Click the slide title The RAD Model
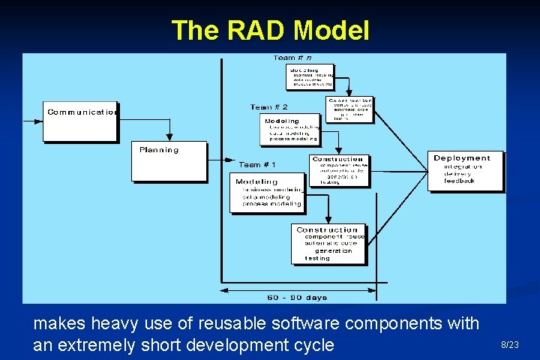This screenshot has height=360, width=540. point(270,31)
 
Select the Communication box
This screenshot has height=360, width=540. point(80,120)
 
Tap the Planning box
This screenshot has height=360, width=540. point(169,160)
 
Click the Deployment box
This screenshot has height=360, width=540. point(465,171)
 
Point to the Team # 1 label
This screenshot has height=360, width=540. point(257,165)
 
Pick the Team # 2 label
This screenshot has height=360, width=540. point(268,107)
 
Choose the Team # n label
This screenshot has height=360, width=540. point(292,58)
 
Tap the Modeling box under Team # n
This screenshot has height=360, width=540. point(309,76)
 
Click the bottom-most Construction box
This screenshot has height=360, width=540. point(328,244)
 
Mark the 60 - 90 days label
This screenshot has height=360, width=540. point(297,298)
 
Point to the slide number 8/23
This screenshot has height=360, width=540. point(509,344)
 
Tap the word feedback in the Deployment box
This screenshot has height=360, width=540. point(459,181)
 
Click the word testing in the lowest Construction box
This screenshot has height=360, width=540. point(317,258)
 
